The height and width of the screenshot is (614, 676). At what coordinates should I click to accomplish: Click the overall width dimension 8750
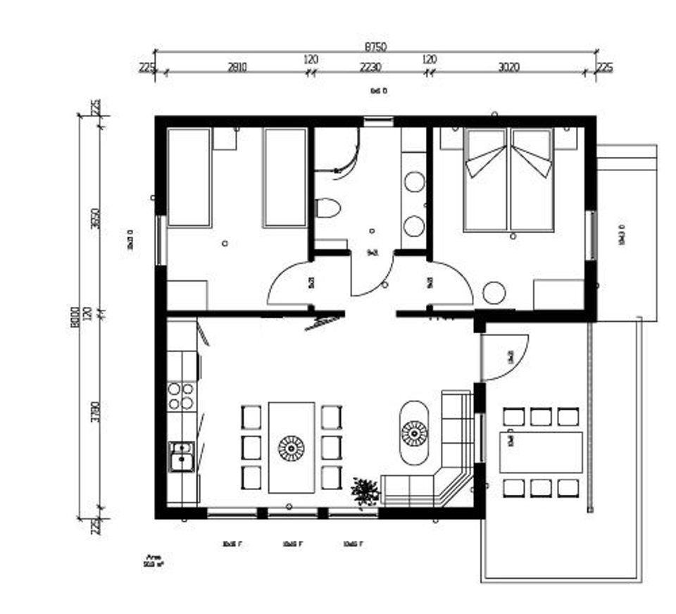pyautogui.click(x=375, y=46)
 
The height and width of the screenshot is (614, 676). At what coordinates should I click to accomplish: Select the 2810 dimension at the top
pyautogui.click(x=237, y=68)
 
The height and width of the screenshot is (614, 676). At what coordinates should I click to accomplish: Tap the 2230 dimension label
pyautogui.click(x=370, y=68)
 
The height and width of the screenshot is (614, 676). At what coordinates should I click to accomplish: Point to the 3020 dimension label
pyautogui.click(x=508, y=68)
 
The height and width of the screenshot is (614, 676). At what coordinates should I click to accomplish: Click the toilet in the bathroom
pyautogui.click(x=327, y=208)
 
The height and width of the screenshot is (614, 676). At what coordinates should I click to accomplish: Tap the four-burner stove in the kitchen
pyautogui.click(x=181, y=396)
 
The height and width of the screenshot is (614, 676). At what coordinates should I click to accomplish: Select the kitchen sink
pyautogui.click(x=181, y=456)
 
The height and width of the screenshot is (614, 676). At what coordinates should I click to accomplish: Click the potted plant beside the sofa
pyautogui.click(x=365, y=491)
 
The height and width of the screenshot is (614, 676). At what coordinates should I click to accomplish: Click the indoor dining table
pyautogui.click(x=291, y=447)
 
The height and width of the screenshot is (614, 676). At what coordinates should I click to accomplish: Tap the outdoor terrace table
pyautogui.click(x=542, y=452)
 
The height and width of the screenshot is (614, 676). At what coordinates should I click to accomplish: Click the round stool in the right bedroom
pyautogui.click(x=494, y=292)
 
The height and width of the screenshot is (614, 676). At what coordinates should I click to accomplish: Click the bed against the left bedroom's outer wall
pyautogui.click(x=189, y=177)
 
